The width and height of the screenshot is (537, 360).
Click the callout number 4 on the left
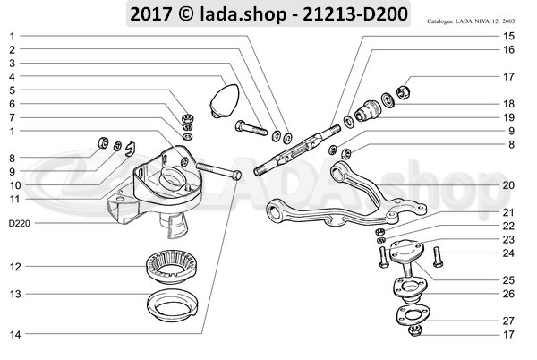click(x=13, y=77)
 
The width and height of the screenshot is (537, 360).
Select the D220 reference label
click(x=19, y=223)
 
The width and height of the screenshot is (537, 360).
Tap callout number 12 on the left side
click(x=15, y=266)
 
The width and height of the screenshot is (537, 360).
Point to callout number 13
click(x=15, y=293)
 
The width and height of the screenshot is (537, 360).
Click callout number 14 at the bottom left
click(x=15, y=334)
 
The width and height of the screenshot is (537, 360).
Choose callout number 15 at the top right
click(x=507, y=36)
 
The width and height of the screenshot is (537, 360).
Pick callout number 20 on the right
click(x=507, y=185)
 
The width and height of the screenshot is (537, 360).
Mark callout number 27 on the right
click(x=507, y=321)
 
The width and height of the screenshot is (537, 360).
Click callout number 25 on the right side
click(x=507, y=279)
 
